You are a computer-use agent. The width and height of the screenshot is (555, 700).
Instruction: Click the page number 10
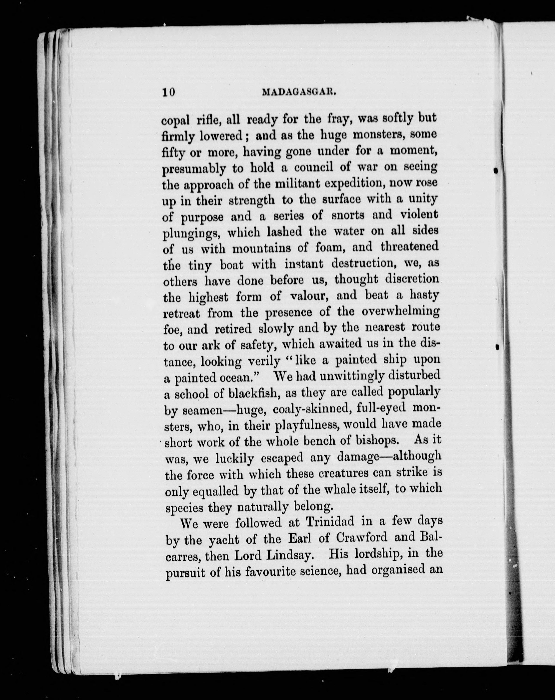(168, 92)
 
